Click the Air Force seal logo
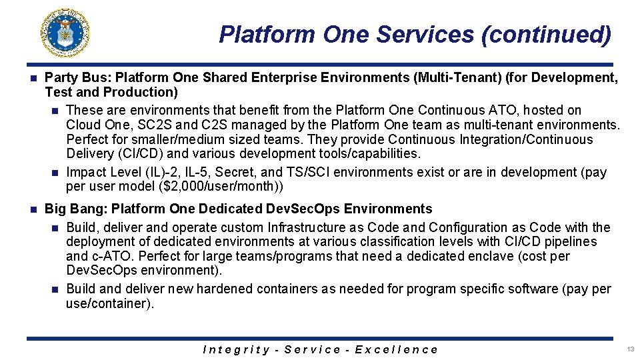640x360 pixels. click(x=65, y=33)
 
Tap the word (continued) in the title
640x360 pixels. click(x=545, y=34)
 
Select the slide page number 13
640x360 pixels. click(x=630, y=349)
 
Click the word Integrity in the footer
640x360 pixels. click(x=236, y=349)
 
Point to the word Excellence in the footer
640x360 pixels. click(x=397, y=349)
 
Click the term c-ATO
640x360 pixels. click(x=112, y=256)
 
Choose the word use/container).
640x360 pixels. click(x=110, y=303)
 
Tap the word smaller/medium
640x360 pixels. click(x=159, y=139)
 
